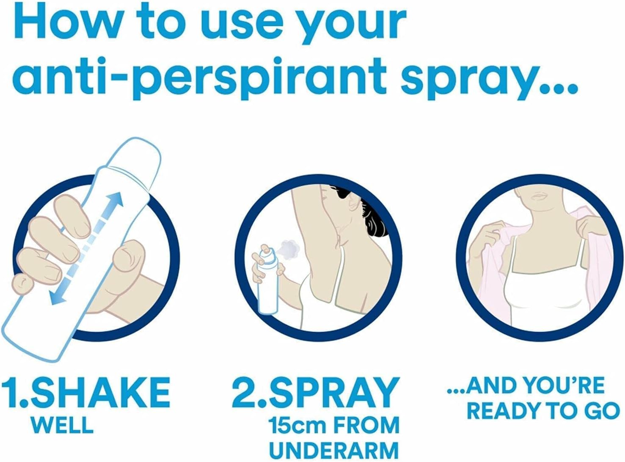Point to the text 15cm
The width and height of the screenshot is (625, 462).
(298, 425)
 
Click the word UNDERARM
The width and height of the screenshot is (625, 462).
(334, 451)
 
